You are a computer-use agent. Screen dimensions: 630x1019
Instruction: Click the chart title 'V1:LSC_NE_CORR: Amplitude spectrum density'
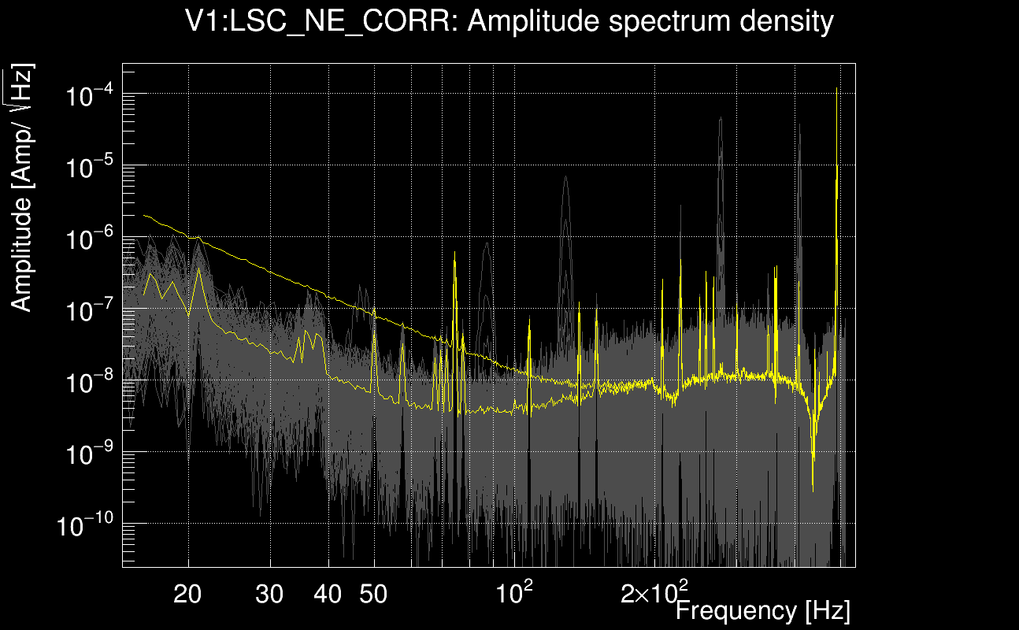point(509,22)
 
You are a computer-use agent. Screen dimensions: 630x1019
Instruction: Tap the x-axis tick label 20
point(188,595)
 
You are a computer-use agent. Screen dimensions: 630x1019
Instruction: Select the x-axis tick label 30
point(270,595)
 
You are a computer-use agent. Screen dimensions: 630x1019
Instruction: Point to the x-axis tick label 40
point(328,595)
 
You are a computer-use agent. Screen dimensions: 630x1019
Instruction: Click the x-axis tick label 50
point(373,595)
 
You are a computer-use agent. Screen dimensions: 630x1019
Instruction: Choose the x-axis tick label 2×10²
point(654,592)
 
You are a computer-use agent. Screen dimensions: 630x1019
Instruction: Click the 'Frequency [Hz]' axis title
point(762,610)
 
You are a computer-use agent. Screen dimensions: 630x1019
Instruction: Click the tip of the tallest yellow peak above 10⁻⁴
point(836,88)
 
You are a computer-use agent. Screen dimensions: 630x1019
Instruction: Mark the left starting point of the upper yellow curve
point(143,215)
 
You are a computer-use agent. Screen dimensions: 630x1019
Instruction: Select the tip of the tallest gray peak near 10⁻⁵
point(720,118)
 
